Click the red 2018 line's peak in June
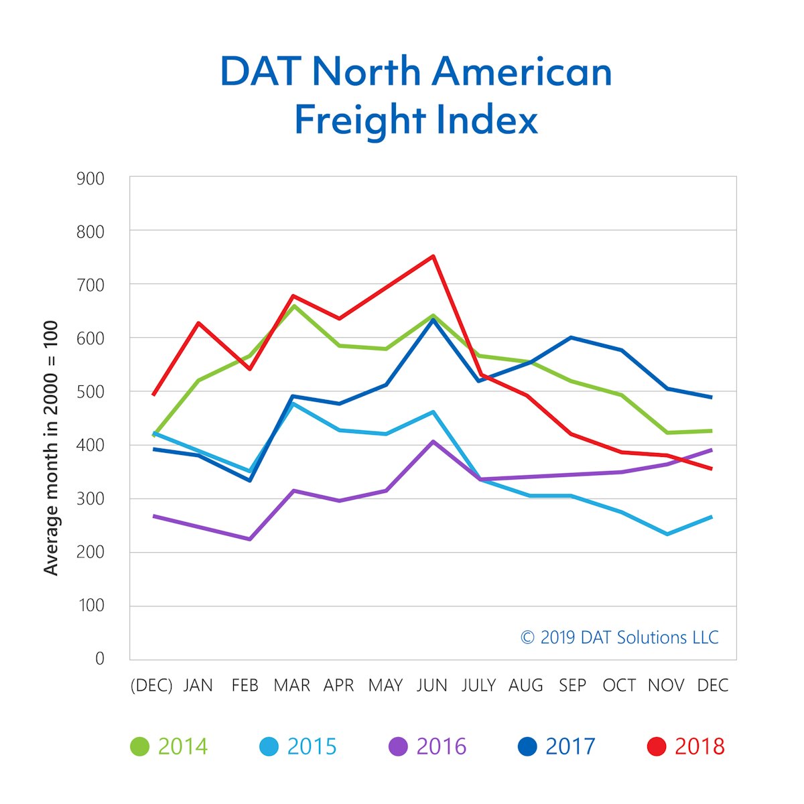433,256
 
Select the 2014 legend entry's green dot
139,746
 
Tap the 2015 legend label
312,746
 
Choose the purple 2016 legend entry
427,746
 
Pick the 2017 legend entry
557,746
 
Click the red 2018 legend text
699,746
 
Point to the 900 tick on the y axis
90,178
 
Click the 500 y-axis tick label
90,391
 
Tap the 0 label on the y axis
100,659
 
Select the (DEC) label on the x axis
151,685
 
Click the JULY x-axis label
478,685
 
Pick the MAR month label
291,685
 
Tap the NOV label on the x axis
666,685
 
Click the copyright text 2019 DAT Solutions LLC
619,637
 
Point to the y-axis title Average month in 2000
51,448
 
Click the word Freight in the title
359,121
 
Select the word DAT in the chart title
263,72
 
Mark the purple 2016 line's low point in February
249,539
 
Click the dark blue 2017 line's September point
571,337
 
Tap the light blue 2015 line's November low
667,534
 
